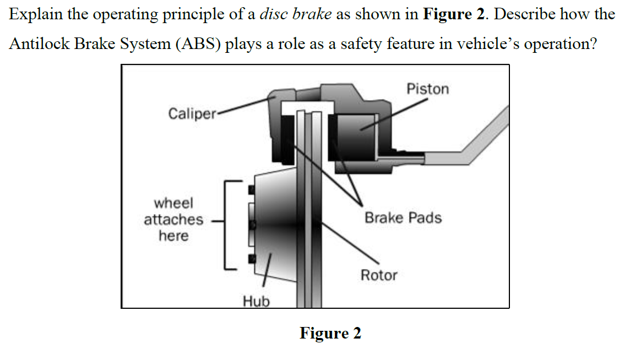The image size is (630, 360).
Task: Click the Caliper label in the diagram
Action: (x=192, y=114)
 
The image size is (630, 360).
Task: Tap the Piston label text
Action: (x=427, y=89)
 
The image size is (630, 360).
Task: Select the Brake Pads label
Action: (x=403, y=218)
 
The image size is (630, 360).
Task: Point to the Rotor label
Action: (x=378, y=275)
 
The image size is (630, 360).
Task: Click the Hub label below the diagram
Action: (x=256, y=301)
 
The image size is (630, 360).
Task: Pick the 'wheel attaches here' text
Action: (x=173, y=219)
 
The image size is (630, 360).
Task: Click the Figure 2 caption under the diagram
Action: (x=330, y=333)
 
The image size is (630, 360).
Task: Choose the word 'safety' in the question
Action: (x=363, y=43)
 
